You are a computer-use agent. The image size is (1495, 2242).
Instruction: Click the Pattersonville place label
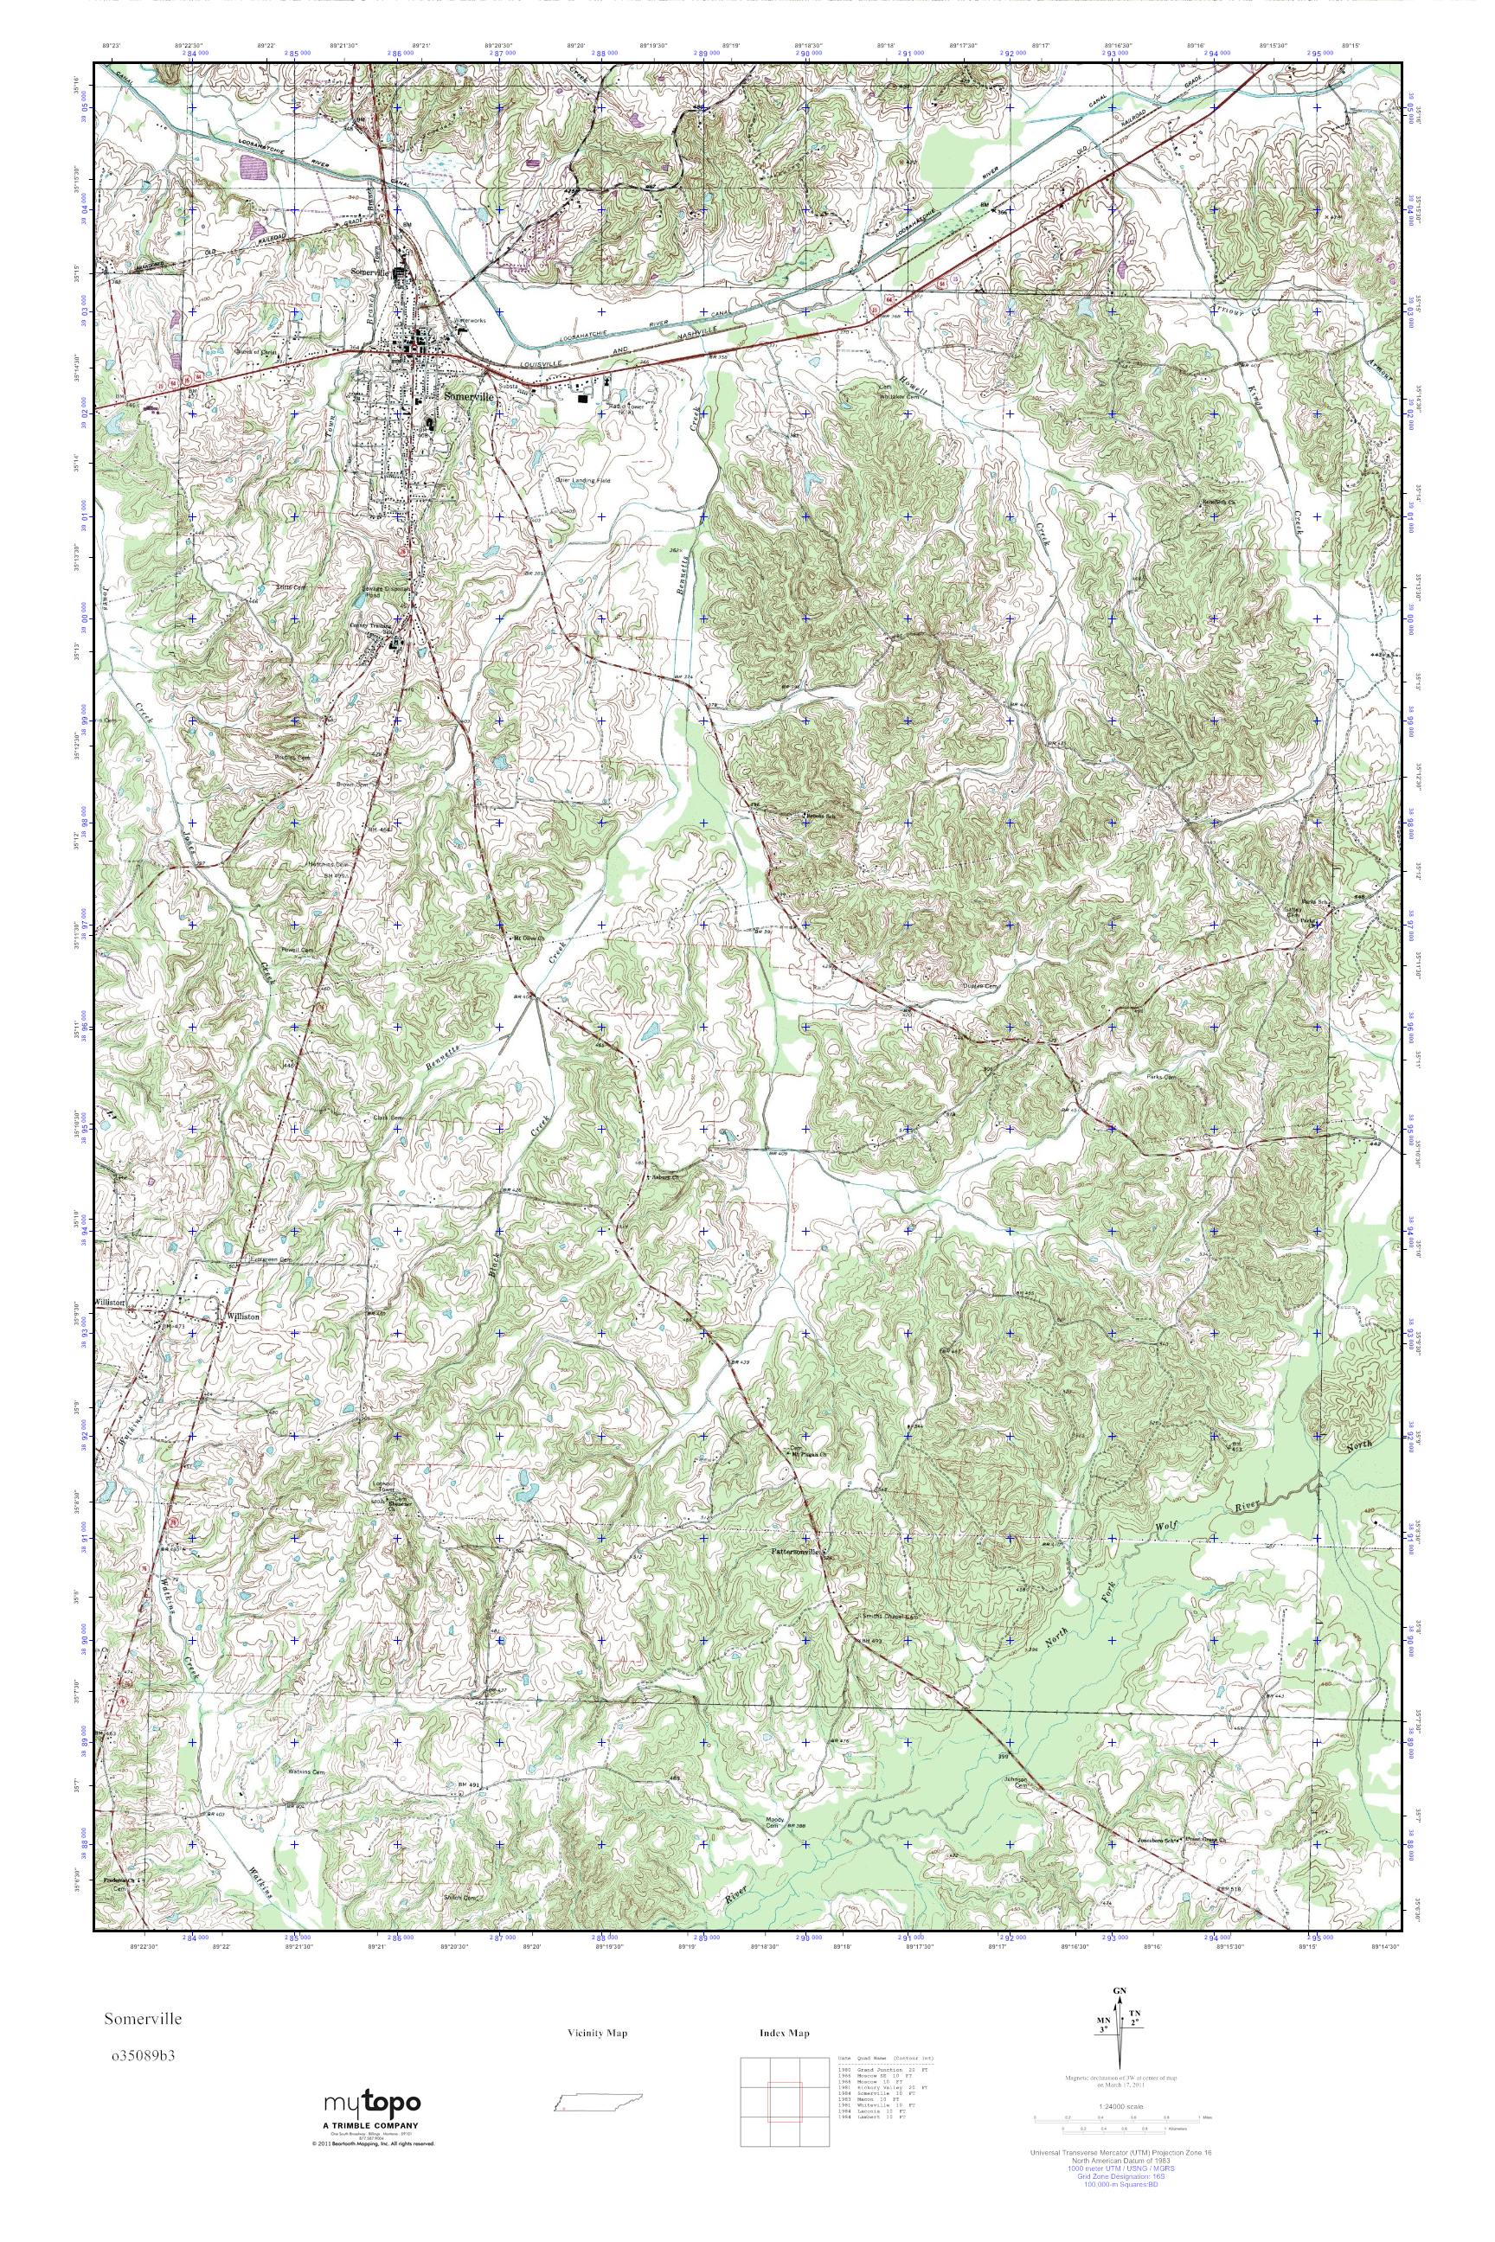(794, 1551)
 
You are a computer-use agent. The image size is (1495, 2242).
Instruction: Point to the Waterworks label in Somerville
(470, 320)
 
